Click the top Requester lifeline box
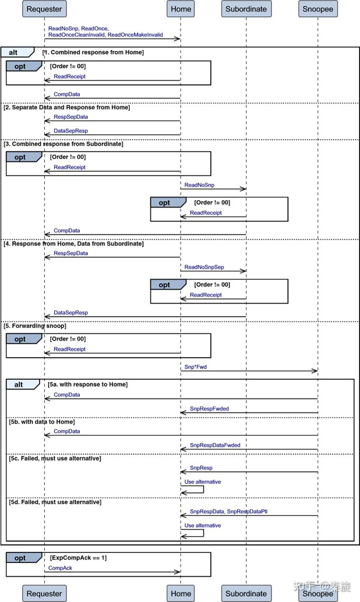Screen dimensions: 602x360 tap(44, 9)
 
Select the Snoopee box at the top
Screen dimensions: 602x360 tap(318, 9)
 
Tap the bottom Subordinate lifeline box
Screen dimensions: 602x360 tap(246, 593)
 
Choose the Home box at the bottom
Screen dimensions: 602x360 tap(180, 593)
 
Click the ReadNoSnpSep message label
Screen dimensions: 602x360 tap(204, 267)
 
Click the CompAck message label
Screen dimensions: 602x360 tap(60, 568)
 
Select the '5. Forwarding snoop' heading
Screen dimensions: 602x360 tap(35, 326)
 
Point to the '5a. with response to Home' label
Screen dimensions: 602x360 tap(87, 384)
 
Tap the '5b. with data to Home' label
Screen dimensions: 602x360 tap(42, 422)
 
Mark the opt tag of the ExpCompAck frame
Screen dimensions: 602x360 tap(20, 558)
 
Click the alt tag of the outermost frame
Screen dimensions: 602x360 tap(13, 52)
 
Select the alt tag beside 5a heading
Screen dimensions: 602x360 tap(19, 384)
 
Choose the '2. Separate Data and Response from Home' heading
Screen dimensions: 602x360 tap(66, 107)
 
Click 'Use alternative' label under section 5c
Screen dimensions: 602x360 tap(203, 482)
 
